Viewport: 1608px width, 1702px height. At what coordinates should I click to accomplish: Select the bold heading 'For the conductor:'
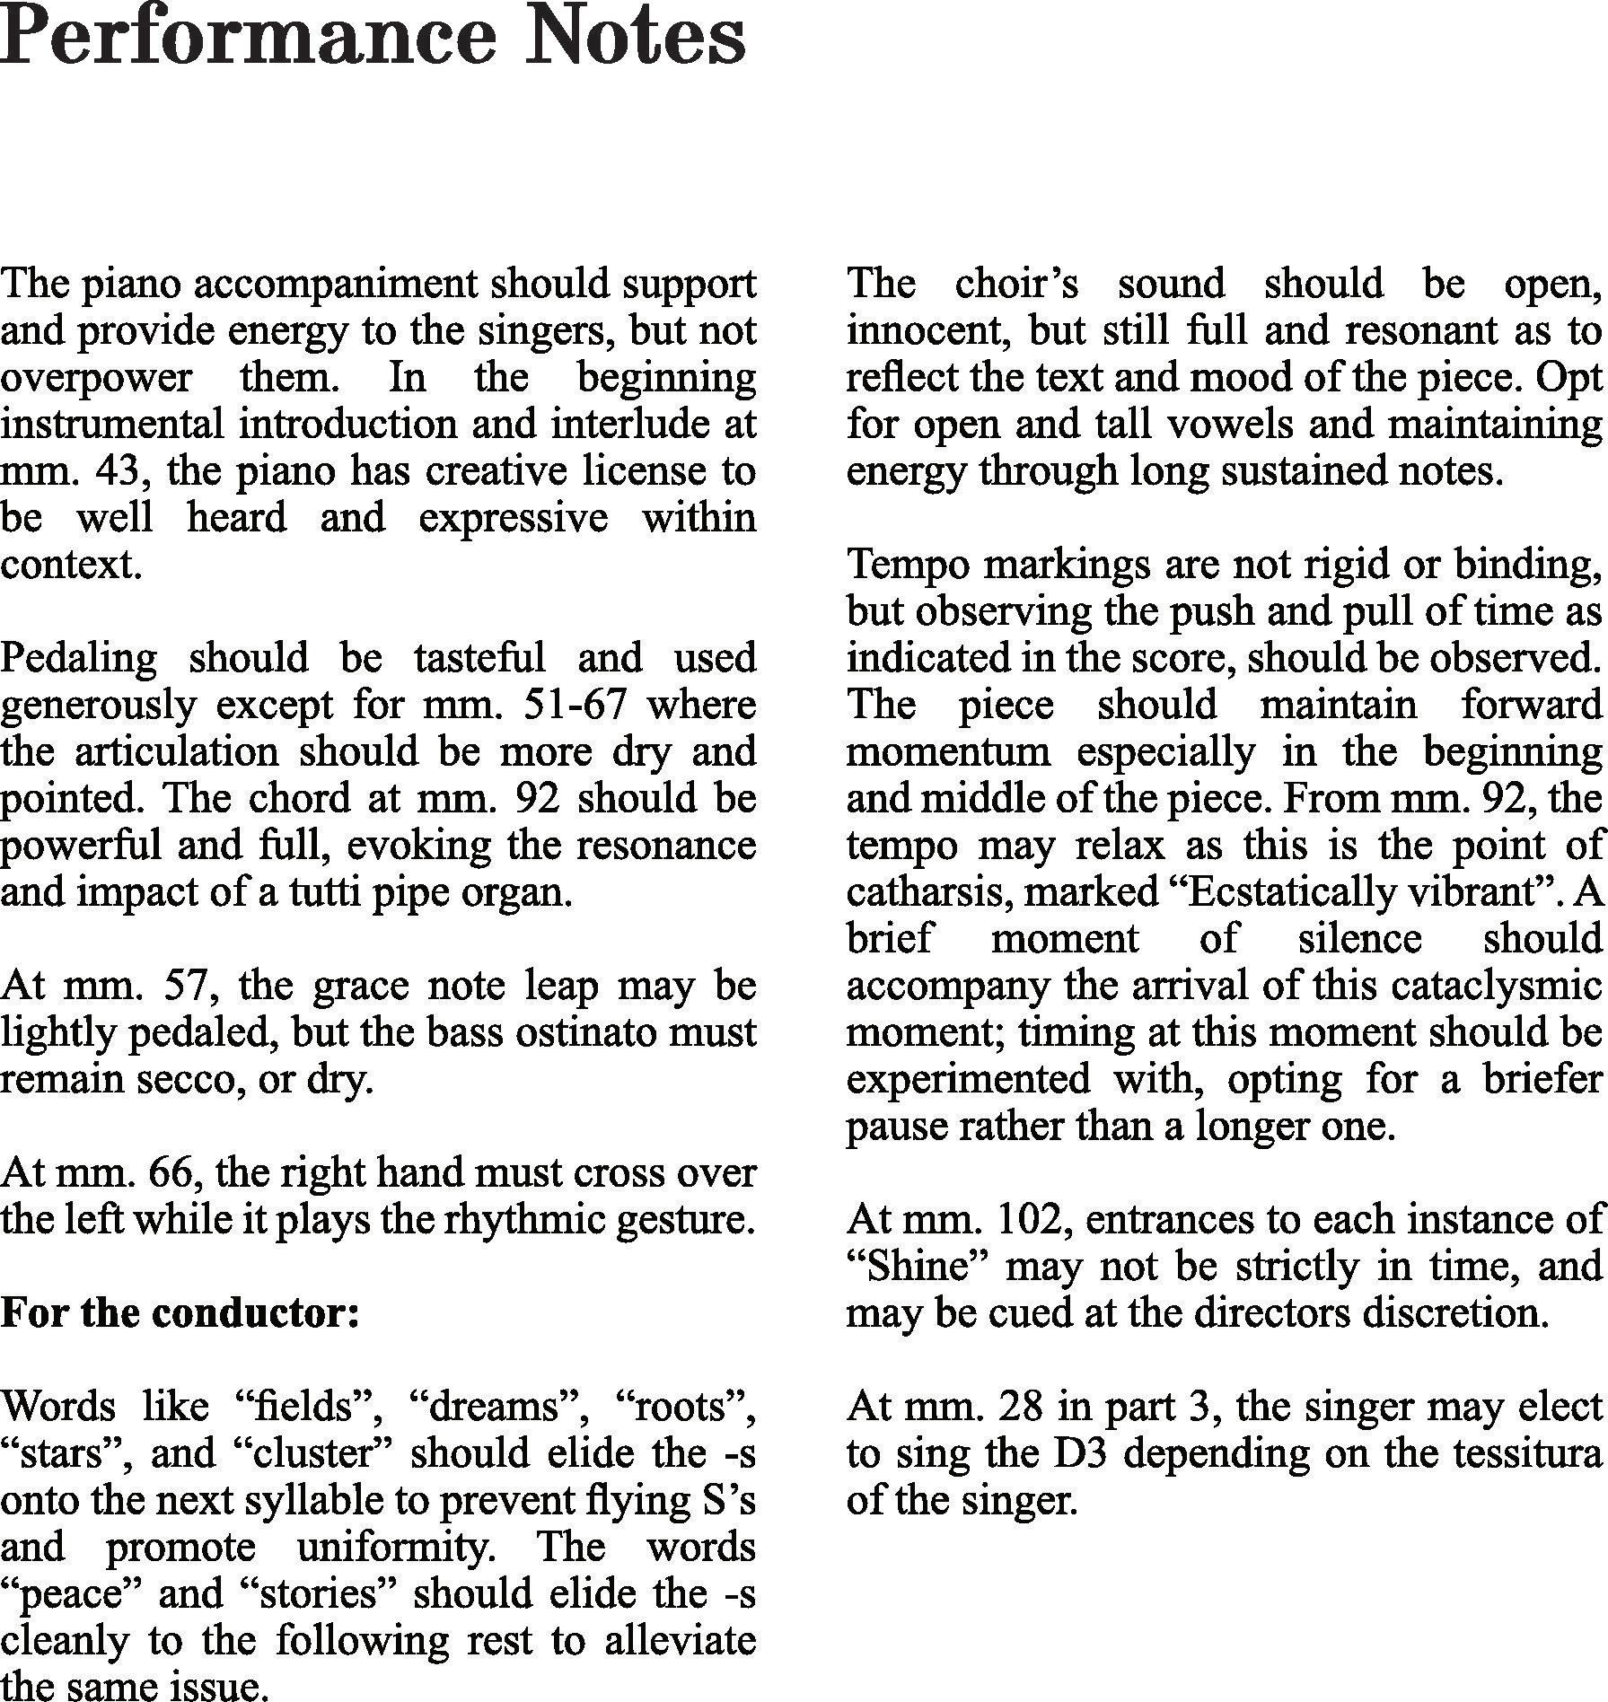click(x=180, y=1313)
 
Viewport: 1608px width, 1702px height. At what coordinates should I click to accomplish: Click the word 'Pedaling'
click(x=78, y=658)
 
